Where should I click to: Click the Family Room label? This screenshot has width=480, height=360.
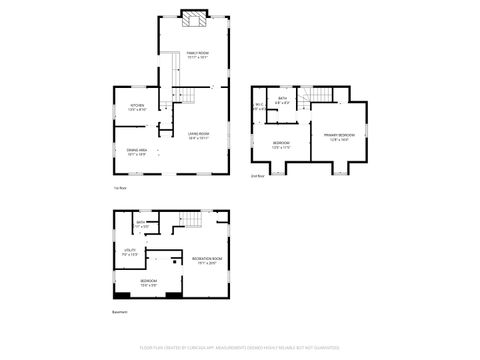point(197,53)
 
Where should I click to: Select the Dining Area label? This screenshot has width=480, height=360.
point(137,151)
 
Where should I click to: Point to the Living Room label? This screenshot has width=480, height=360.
point(197,135)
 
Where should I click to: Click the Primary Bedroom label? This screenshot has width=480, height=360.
point(338,135)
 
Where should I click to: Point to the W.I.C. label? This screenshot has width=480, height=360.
point(259,106)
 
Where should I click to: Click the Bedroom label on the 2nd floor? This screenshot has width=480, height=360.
point(281,144)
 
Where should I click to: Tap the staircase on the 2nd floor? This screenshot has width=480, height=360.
point(319,95)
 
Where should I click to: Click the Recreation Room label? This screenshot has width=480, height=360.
point(207,261)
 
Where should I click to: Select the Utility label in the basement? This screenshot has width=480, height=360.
point(130,251)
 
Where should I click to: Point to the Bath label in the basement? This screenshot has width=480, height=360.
point(142,225)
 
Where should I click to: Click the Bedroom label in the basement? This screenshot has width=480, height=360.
point(148,282)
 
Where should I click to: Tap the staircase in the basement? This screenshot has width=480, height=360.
point(190,220)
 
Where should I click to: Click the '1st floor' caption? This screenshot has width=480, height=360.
point(120,187)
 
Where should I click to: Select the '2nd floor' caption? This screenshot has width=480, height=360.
point(257,176)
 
